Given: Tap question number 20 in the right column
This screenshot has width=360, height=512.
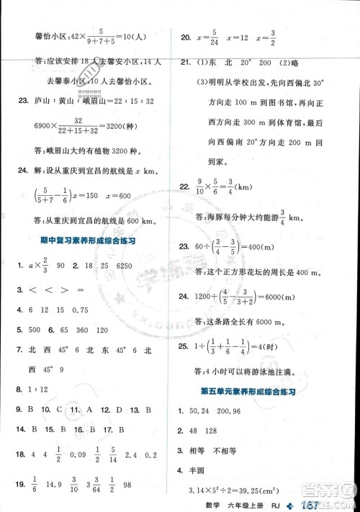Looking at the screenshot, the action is (186, 36).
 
